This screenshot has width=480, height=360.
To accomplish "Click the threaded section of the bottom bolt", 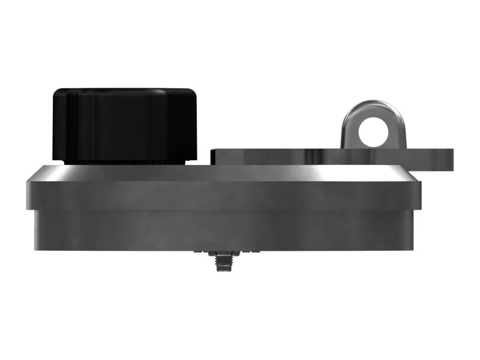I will click(221, 265).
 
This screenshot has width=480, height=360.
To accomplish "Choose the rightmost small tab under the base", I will click(243, 253).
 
